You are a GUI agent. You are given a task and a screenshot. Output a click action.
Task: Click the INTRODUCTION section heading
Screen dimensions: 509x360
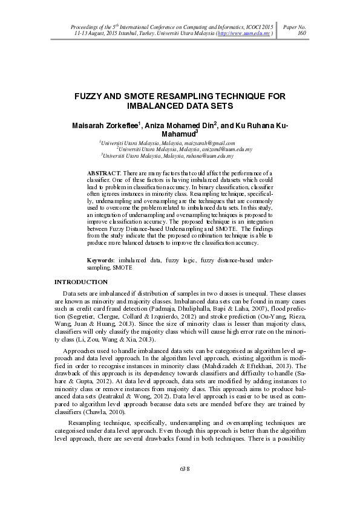click(81, 282)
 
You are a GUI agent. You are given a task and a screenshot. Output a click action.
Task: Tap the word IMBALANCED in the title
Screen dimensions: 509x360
click(157, 106)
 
